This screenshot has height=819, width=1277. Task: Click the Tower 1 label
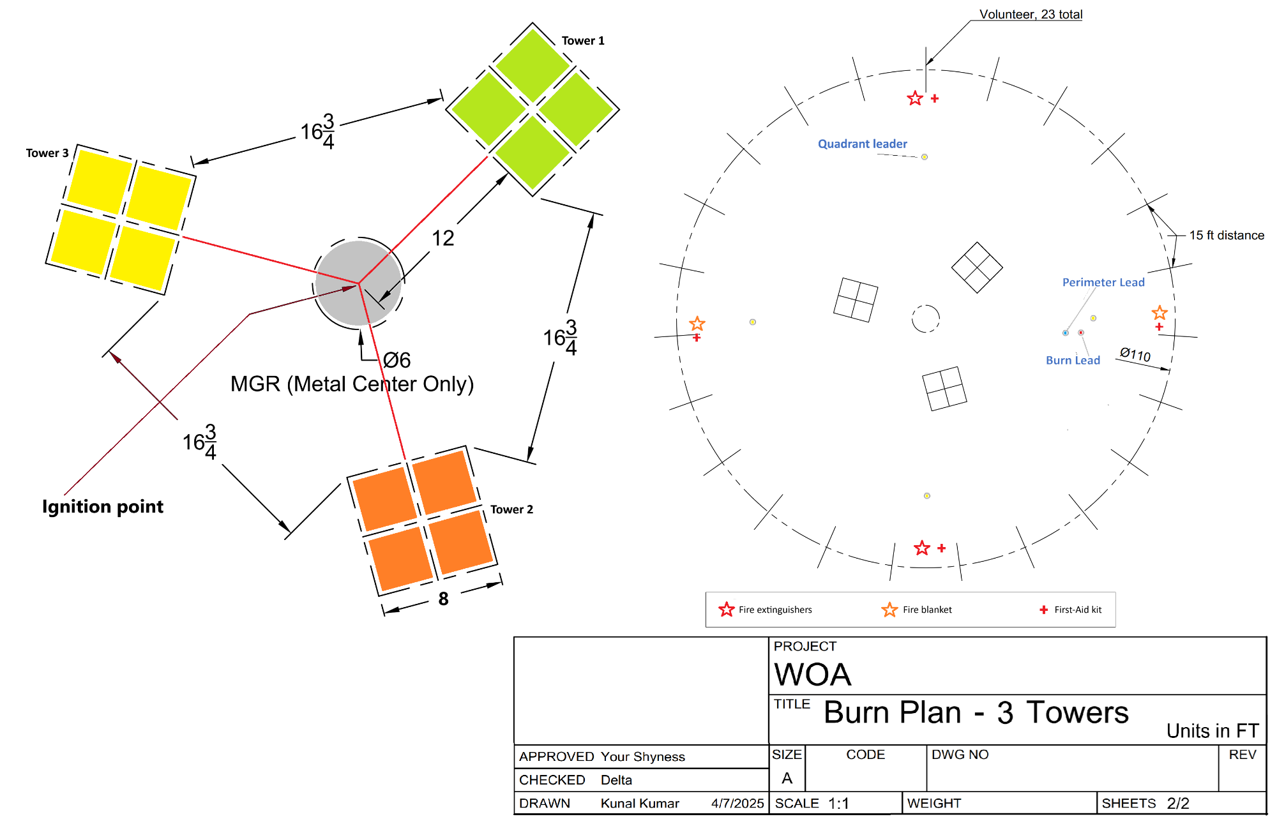coord(582,41)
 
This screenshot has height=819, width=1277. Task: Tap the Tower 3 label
coord(47,153)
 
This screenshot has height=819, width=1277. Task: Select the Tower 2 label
coord(511,509)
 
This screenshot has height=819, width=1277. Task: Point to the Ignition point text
coord(103,507)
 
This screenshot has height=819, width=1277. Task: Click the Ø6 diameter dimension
coord(397,361)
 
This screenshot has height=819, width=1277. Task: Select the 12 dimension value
coord(442,239)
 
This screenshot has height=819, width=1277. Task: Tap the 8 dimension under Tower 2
coord(443,599)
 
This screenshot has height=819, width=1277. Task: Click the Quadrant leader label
coord(862,144)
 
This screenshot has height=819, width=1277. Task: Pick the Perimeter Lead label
coord(1103,282)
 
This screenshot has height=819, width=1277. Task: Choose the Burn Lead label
coord(1073,361)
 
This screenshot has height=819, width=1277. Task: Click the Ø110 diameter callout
coord(1135,355)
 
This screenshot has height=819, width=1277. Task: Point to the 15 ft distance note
coord(1226,236)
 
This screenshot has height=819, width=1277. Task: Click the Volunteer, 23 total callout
coord(1031,15)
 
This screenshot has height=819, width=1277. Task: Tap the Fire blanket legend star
coord(889,610)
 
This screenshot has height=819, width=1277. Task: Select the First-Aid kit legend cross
coord(1043,610)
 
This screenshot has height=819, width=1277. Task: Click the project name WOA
coord(812,675)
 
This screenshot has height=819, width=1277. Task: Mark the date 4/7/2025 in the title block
coord(737,804)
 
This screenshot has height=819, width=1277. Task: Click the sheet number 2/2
coord(1177,804)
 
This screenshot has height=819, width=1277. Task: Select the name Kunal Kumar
coord(640,804)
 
